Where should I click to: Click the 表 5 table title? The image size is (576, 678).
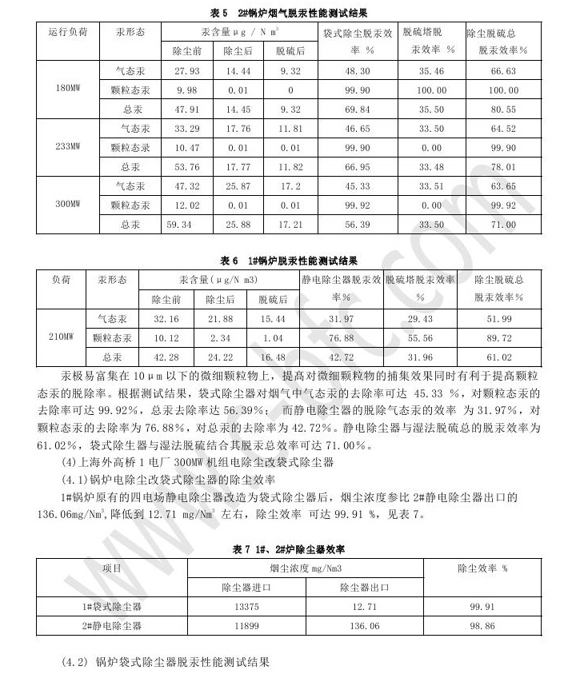290,13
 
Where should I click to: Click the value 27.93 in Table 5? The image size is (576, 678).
186,71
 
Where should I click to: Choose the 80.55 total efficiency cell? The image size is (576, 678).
502,110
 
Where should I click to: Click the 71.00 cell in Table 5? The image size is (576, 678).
503,225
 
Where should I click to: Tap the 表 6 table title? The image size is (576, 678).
290,261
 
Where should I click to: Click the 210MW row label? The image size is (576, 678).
61,337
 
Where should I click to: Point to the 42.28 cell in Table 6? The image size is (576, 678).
166,357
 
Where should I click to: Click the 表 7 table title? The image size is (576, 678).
289,549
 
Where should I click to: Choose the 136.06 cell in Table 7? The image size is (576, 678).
364,626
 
